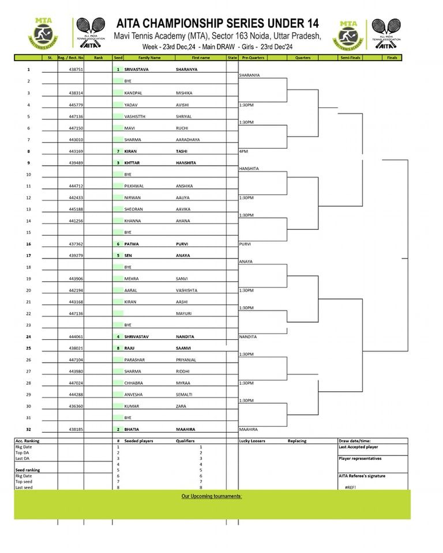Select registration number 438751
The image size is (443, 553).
click(76, 70)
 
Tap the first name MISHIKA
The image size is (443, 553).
click(184, 93)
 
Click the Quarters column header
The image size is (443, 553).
click(303, 58)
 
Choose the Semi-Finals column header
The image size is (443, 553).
click(351, 58)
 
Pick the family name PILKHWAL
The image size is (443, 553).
click(135, 186)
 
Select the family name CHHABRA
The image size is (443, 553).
click(134, 383)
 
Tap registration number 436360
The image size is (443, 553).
click(76, 406)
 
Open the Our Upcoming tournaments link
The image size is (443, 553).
click(212, 497)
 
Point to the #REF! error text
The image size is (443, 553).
click(351, 487)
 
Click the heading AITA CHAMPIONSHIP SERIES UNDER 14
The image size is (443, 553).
click(217, 24)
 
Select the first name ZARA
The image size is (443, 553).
click(181, 406)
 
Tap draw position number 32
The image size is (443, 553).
click(28, 429)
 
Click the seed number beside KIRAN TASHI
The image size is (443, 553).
click(118, 151)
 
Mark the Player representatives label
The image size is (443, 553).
click(360, 459)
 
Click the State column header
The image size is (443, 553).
click(232, 58)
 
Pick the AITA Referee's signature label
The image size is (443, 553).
click(362, 476)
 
